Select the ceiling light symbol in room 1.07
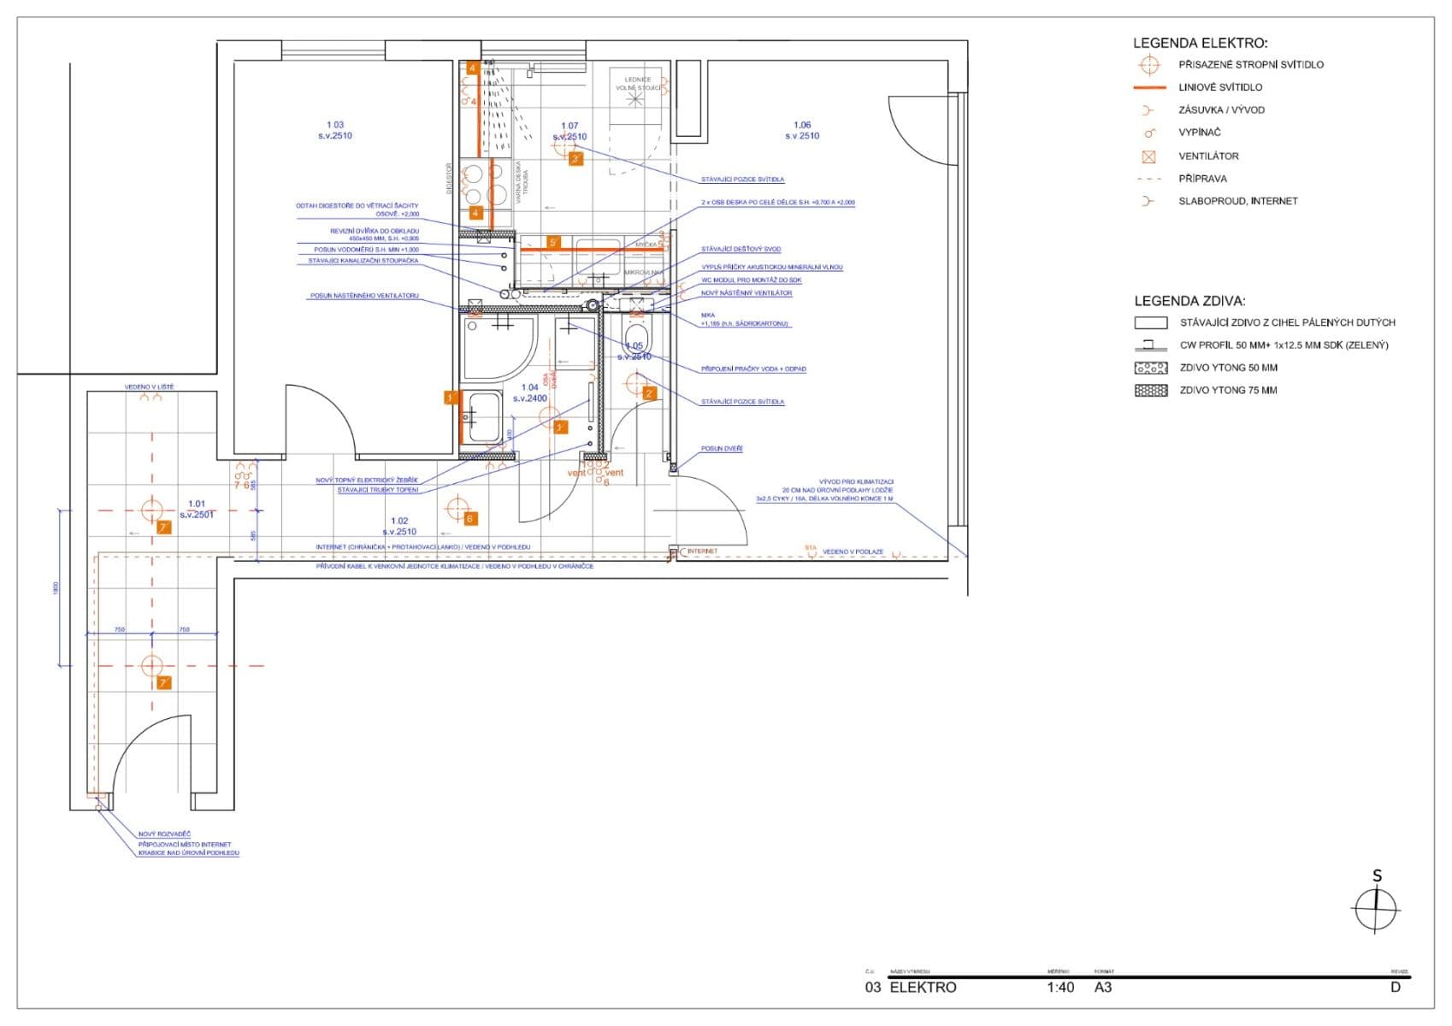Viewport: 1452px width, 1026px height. pos(565,146)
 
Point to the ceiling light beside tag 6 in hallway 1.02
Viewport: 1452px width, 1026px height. pos(457,508)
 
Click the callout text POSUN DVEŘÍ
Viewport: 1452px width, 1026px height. pos(722,448)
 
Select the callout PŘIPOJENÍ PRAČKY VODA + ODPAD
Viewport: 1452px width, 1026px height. pos(753,369)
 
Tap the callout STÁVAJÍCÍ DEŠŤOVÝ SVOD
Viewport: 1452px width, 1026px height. pos(741,249)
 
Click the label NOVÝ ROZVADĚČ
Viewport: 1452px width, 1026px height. pos(164,834)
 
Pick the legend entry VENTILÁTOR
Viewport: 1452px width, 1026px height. pos(1207,156)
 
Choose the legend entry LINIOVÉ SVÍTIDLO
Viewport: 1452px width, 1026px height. pos(1219,87)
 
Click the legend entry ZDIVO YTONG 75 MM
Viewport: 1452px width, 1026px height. pos(1228,390)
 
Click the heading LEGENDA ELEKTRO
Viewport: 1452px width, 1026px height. pos(1200,43)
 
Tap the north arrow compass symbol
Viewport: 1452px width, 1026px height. pos(1376,908)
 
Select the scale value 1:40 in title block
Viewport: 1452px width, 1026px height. pos(1059,987)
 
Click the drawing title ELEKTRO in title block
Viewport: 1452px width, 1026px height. pos(923,987)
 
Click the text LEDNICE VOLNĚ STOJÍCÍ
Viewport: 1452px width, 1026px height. pos(637,84)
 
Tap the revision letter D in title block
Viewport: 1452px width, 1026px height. pos(1395,987)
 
